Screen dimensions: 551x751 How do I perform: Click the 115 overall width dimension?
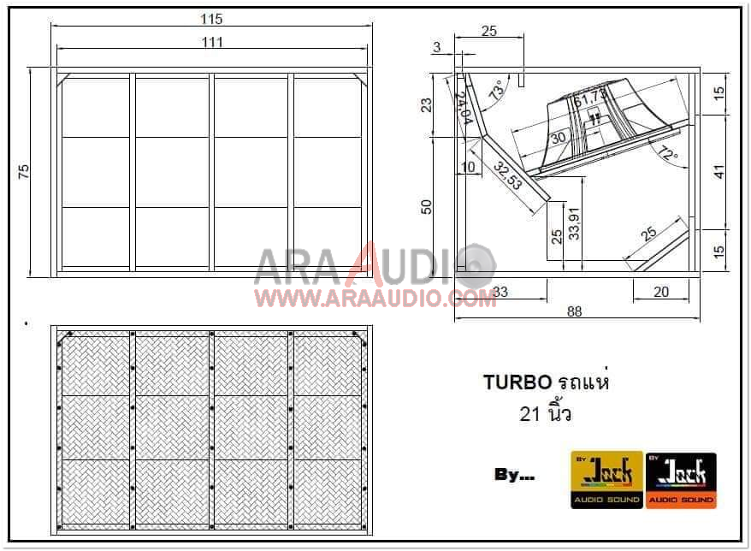click(210, 19)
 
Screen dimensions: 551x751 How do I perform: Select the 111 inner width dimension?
click(212, 42)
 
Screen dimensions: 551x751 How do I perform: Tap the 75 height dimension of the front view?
click(24, 171)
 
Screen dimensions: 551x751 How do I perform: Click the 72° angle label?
click(668, 155)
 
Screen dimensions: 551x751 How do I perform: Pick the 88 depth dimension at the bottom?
click(575, 311)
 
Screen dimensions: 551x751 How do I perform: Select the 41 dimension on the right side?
click(719, 171)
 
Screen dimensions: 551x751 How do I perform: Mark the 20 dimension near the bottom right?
click(660, 292)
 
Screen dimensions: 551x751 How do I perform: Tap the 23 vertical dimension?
click(427, 104)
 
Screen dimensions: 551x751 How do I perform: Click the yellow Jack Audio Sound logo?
click(606, 479)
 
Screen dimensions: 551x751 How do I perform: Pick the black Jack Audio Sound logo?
click(681, 479)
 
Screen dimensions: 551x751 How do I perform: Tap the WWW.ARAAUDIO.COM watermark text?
click(375, 298)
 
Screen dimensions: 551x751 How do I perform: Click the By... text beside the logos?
click(514, 476)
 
